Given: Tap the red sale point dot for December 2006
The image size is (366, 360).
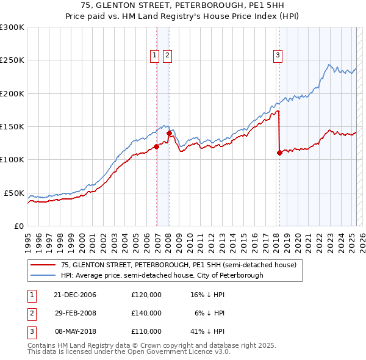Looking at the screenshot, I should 156,146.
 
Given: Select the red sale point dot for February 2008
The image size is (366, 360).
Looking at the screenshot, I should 169,133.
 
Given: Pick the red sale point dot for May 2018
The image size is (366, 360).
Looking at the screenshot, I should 279,153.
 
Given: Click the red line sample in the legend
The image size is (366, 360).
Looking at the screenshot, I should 42,265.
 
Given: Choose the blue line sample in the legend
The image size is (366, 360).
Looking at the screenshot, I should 42,275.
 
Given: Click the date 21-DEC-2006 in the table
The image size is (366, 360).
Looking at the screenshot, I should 76,295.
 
